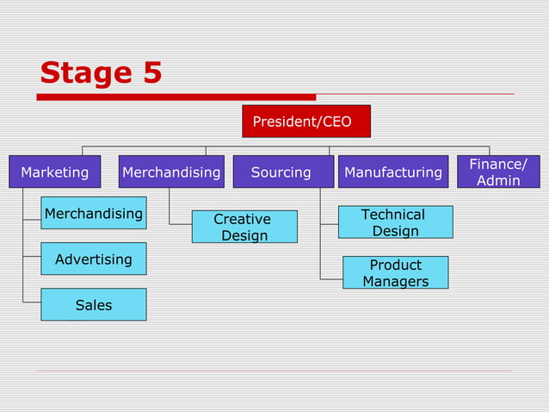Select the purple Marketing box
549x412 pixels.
55,172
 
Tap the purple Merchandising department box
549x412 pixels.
171,172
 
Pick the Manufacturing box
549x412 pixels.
393,172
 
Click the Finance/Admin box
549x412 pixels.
498,172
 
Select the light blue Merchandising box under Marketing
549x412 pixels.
93,213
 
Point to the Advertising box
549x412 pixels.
93,259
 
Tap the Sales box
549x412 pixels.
93,305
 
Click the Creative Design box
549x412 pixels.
244,228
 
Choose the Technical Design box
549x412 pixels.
395,222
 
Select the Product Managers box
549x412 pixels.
395,272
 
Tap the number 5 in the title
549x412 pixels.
152,73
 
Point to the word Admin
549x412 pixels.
499,181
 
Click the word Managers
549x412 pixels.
395,282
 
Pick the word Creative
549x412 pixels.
242,219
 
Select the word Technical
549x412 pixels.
393,214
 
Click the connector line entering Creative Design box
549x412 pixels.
180,224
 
